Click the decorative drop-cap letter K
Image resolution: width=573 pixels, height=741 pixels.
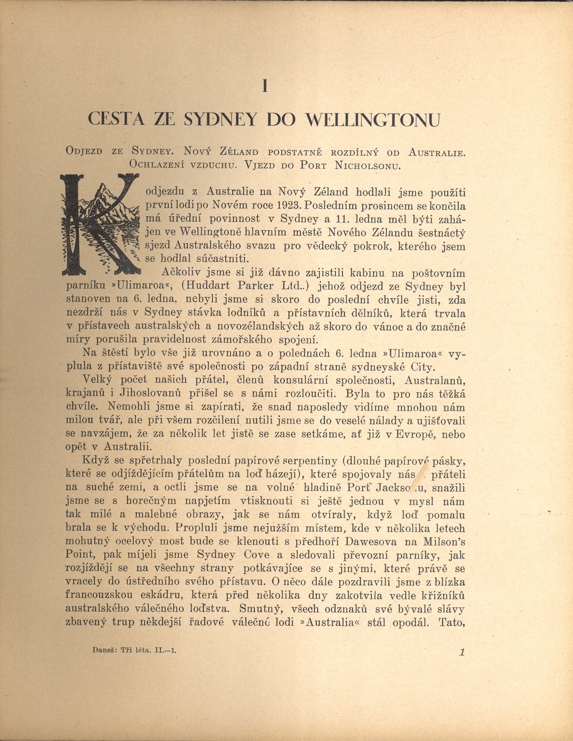(100, 224)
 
